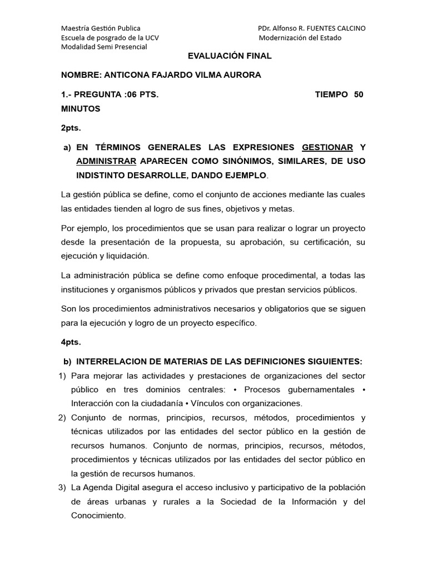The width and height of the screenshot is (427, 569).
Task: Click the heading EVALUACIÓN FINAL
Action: (230, 56)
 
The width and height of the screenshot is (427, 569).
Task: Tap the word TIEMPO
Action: (331, 94)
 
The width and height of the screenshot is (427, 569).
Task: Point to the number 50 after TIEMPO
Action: (359, 94)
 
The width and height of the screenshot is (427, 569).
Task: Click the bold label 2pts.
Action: (71, 128)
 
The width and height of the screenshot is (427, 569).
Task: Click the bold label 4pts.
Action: (71, 342)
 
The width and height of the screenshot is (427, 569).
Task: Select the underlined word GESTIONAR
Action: (327, 147)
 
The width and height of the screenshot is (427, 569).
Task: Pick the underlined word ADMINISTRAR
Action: (106, 161)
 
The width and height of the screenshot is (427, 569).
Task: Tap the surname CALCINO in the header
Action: (347, 28)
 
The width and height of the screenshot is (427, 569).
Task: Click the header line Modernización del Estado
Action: (300, 38)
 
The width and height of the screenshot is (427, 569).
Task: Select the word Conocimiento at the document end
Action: (98, 515)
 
